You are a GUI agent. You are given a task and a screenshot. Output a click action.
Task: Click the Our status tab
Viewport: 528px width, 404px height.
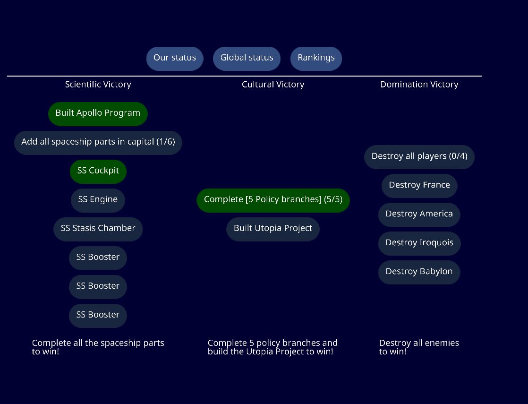click(175, 58)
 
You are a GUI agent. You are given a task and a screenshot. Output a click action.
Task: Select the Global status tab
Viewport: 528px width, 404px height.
click(247, 58)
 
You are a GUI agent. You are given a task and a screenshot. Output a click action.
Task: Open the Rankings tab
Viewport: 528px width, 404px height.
click(316, 58)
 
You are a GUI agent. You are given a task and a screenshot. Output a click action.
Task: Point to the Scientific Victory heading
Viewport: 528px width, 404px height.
click(98, 85)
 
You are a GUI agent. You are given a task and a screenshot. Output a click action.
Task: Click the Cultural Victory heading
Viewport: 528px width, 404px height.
click(273, 85)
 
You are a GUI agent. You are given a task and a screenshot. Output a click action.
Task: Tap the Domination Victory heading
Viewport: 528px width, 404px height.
click(419, 85)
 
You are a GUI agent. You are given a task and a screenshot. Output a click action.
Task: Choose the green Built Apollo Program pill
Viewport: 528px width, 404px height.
click(98, 113)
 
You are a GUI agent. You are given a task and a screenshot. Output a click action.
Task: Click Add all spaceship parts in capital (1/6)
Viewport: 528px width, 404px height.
click(98, 142)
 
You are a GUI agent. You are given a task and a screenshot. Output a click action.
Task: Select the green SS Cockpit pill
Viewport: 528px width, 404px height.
click(98, 171)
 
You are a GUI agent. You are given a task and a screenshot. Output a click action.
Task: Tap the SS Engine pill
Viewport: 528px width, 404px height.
click(98, 200)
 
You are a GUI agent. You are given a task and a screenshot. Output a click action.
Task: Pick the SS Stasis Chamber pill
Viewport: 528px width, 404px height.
click(98, 229)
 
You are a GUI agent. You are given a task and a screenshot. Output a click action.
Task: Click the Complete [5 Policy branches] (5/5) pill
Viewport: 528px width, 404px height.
click(273, 200)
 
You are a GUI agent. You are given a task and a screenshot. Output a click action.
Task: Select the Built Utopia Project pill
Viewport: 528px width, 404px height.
click(273, 229)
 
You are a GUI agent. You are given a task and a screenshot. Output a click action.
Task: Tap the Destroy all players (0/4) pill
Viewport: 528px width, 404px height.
click(419, 156)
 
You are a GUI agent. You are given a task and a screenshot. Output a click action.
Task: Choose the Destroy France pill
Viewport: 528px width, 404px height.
click(419, 185)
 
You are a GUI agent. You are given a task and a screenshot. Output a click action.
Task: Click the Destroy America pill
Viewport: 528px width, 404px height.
click(419, 214)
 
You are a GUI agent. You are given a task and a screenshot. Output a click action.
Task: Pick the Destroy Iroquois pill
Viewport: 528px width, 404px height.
click(419, 243)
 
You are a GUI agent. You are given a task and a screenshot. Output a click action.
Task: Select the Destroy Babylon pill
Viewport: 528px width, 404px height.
click(419, 272)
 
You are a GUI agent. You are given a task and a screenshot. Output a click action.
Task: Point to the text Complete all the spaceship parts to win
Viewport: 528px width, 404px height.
click(98, 347)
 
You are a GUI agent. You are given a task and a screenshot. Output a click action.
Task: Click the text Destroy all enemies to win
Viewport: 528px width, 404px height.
click(419, 347)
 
